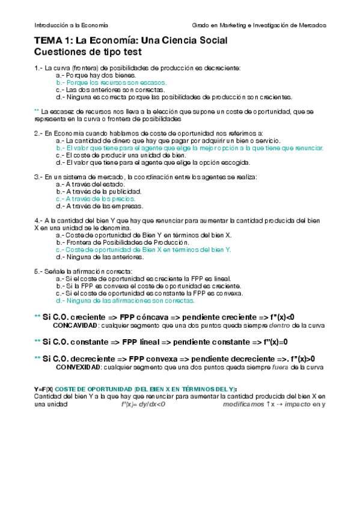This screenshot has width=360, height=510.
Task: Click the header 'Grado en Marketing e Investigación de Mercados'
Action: point(259,25)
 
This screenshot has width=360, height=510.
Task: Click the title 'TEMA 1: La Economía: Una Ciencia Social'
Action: point(131,41)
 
